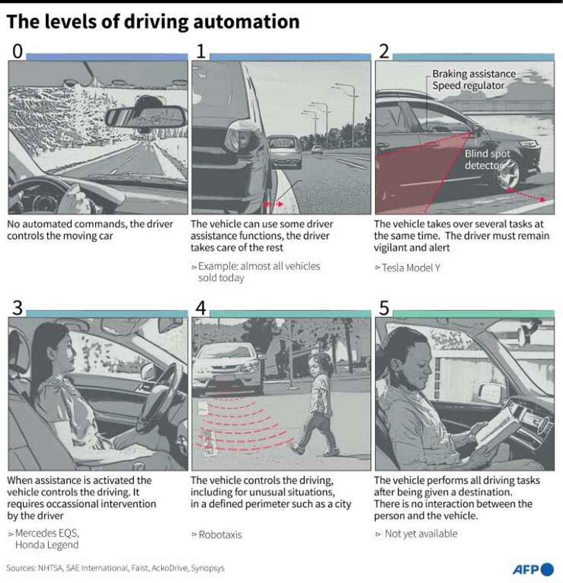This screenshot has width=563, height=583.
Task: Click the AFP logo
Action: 533,569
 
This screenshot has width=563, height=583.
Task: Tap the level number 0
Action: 17,51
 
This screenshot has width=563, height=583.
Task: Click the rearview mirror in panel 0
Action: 146,117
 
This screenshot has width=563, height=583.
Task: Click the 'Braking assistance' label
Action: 474,74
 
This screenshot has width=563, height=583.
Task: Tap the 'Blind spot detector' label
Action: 486,159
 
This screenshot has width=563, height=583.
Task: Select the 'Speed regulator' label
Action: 468,86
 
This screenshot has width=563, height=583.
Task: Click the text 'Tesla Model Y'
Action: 411,268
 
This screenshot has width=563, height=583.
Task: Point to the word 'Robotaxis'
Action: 220,535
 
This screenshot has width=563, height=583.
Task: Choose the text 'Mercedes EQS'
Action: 47,533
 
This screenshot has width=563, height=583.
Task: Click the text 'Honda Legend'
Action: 47,545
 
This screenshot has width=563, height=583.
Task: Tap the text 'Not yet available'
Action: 421,534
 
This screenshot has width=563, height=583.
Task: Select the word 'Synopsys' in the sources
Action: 208,568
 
